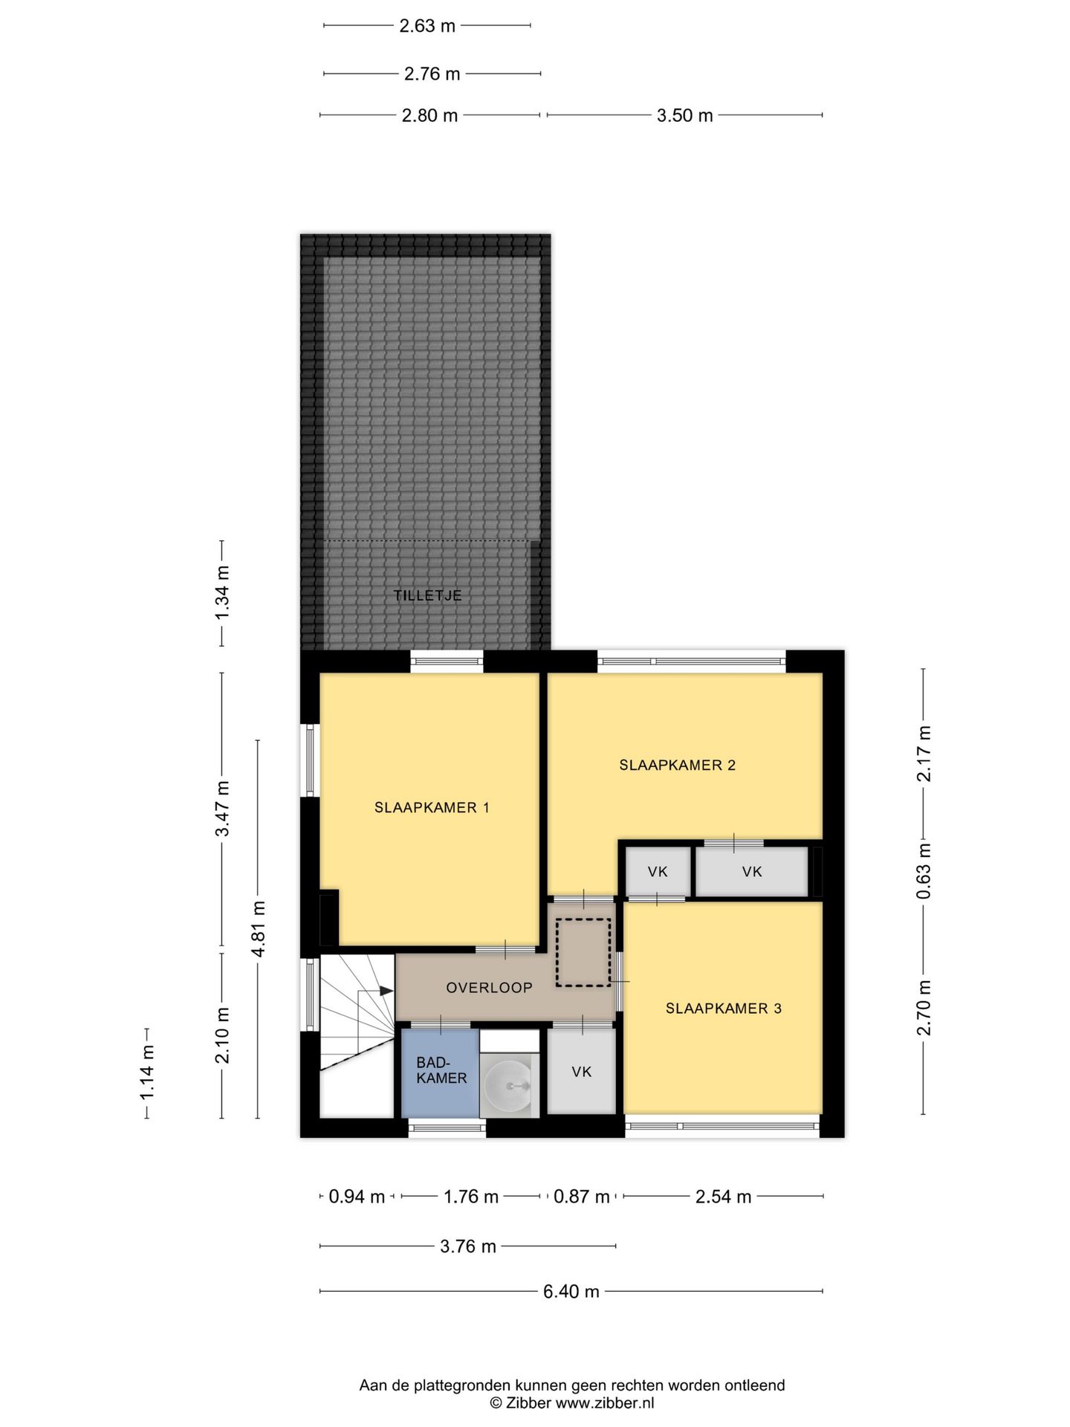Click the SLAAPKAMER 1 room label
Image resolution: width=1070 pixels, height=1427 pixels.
[432, 807]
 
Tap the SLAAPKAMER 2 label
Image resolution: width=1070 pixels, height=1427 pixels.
[677, 765]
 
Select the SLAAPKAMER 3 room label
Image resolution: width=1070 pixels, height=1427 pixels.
[723, 1008]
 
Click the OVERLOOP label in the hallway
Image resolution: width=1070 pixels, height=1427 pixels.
[489, 988]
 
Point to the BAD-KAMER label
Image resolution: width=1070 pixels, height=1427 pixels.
[441, 1070]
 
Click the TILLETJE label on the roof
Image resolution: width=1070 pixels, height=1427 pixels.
[427, 595]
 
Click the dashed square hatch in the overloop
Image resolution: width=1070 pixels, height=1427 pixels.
[583, 952]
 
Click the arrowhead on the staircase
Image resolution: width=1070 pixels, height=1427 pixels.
[386, 991]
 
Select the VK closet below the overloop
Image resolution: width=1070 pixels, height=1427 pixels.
[582, 1071]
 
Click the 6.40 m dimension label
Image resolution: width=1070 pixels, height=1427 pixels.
[571, 1291]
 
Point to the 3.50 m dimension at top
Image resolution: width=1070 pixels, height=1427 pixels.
[684, 115]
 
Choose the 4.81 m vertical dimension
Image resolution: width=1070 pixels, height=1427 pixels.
[258, 929]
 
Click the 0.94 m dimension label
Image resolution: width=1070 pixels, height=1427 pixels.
[357, 1196]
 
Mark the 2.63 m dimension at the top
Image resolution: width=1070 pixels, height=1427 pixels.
[427, 26]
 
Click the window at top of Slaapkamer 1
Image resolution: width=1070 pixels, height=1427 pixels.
[447, 661]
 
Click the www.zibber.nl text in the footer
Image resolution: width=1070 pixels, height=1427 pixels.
[604, 1402]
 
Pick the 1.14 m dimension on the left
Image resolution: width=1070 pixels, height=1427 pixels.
[147, 1072]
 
